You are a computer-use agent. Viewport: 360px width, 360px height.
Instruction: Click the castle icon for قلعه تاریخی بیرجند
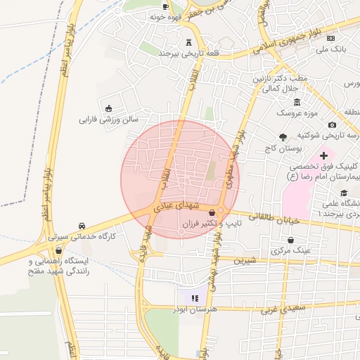coord(188,42)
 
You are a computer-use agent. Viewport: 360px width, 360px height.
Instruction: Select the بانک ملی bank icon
coord(330,38)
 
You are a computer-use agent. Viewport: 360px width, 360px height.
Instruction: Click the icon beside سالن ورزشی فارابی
coord(109,108)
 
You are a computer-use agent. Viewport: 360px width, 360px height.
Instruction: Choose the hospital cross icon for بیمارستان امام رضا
coord(323,155)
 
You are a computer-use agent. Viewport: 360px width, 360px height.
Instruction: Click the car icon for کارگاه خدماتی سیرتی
coord(83,226)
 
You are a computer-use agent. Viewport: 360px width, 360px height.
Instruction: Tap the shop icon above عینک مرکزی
coord(290,240)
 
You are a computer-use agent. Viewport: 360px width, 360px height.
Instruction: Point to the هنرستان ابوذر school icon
coord(195,299)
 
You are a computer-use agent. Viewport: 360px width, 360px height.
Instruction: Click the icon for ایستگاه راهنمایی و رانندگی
coord(68,251)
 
